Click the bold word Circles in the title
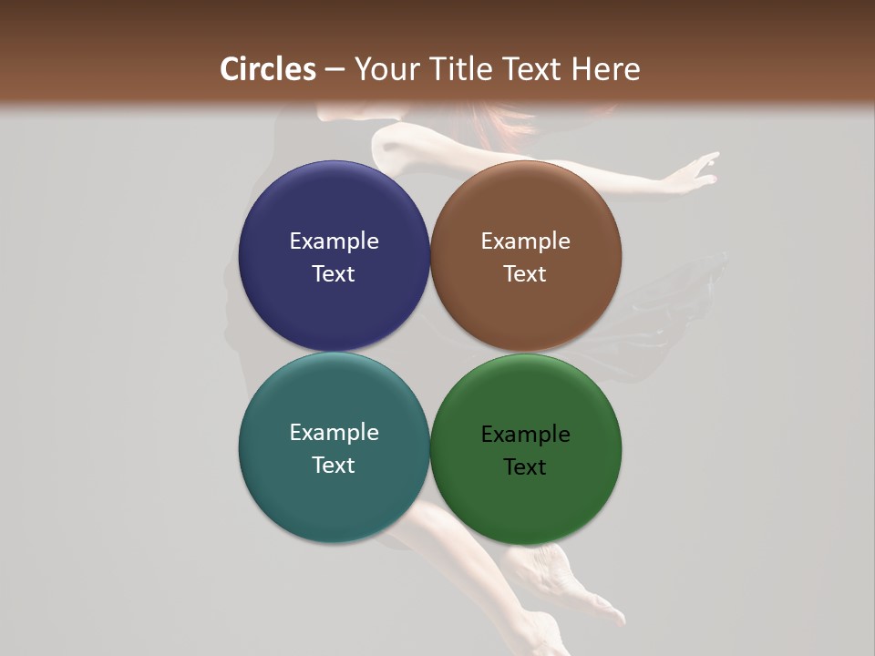pyautogui.click(x=268, y=69)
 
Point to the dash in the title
pyautogui.click(x=335, y=70)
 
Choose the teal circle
pyautogui.click(x=334, y=501)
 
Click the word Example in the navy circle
pyautogui.click(x=334, y=241)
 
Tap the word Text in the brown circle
pyautogui.click(x=525, y=274)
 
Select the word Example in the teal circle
pyautogui.click(x=334, y=433)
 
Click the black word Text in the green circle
pyautogui.click(x=525, y=467)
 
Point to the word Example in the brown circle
pyautogui.click(x=525, y=241)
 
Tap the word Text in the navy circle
pyautogui.click(x=334, y=274)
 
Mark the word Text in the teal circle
pyautogui.click(x=334, y=466)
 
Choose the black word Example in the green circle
pyautogui.click(x=525, y=435)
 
